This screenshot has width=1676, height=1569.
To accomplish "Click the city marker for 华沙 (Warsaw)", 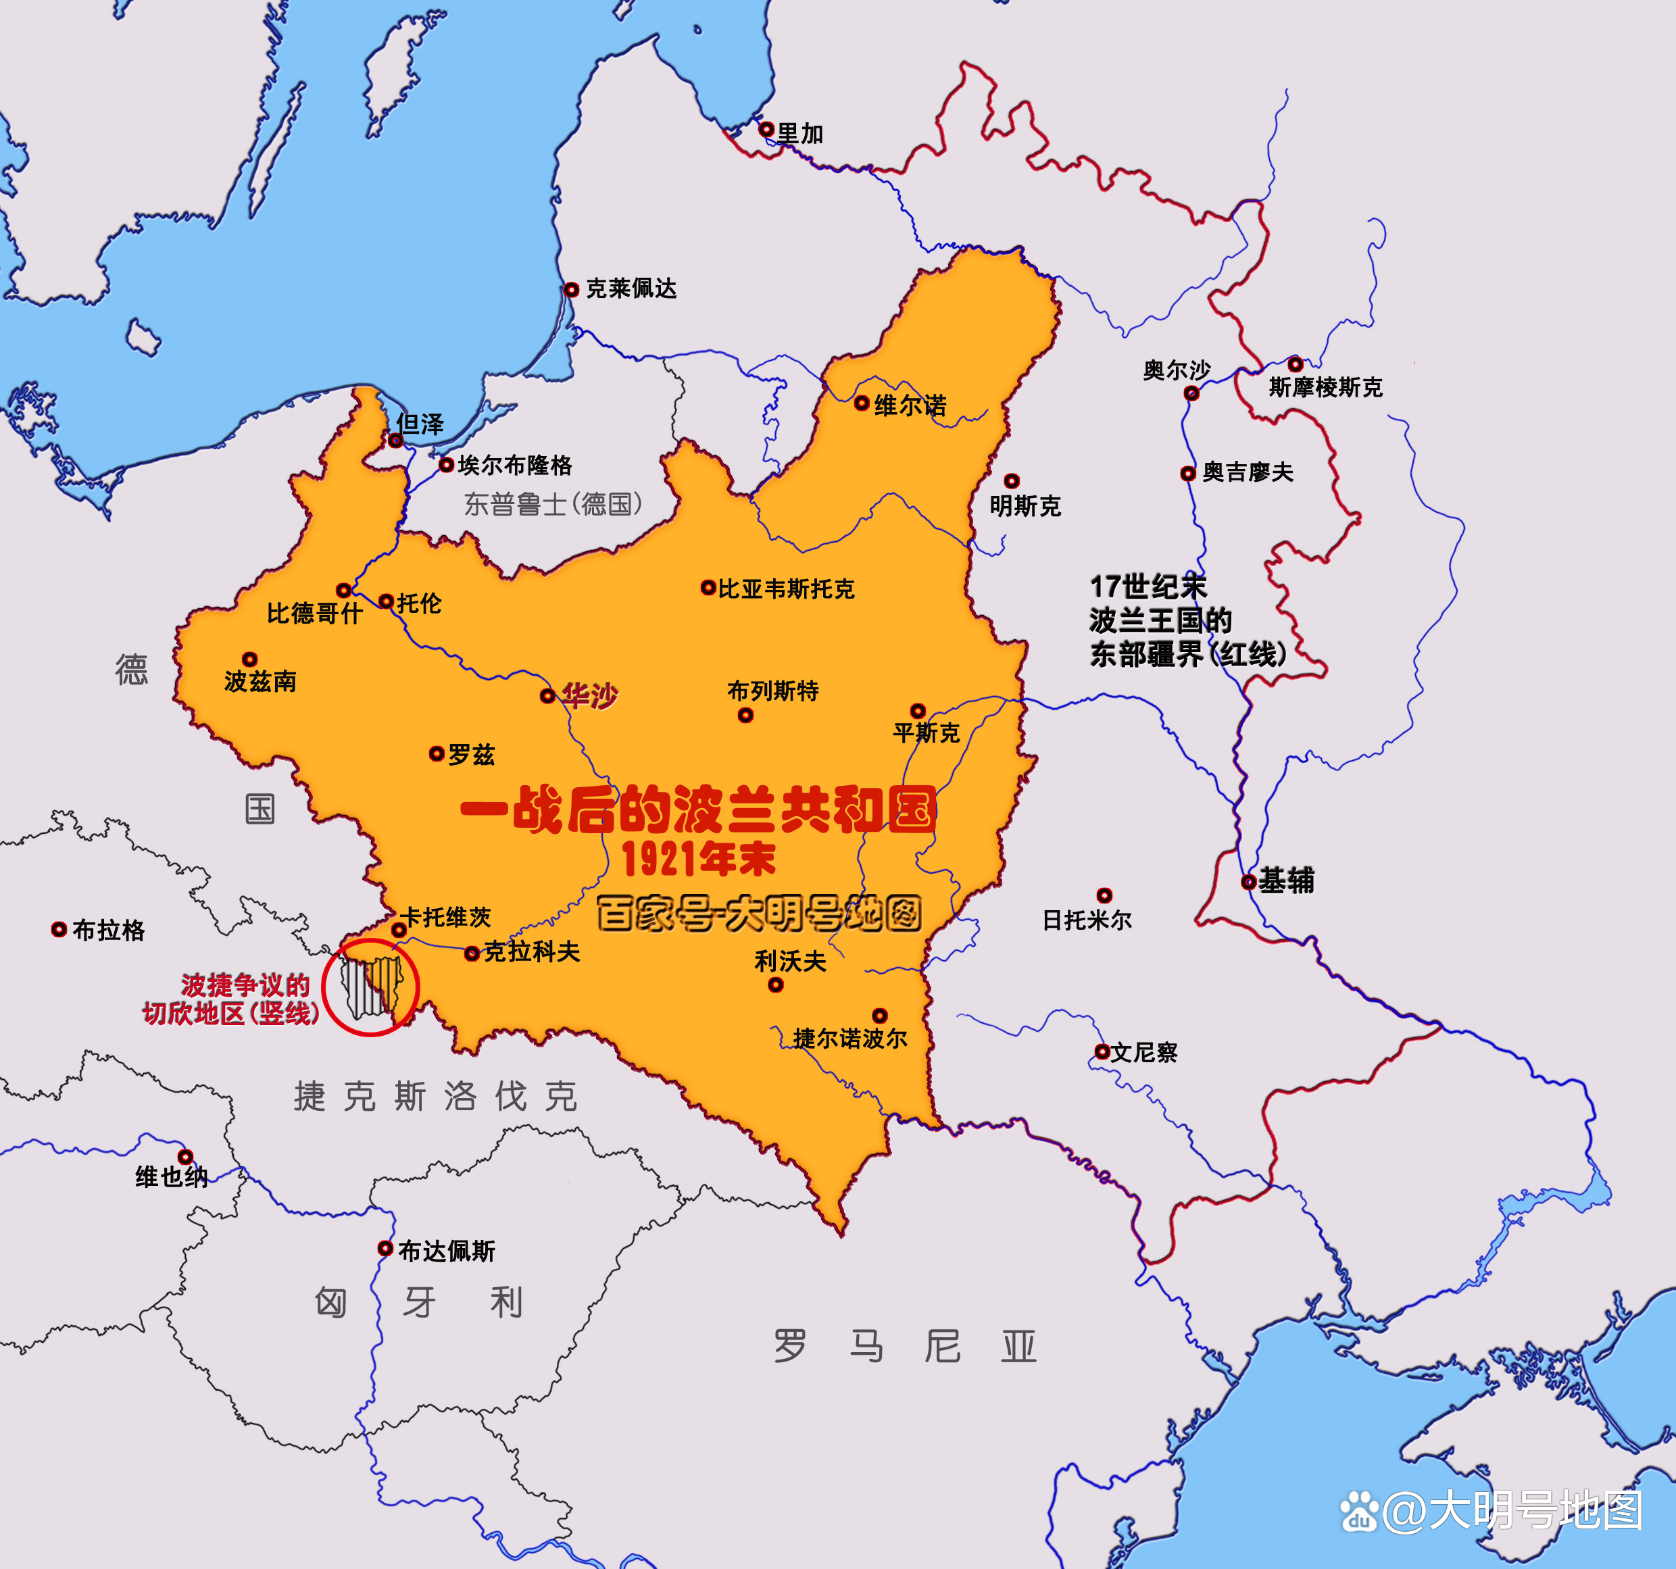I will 547,695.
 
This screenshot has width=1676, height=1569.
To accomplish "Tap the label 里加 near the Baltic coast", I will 799,134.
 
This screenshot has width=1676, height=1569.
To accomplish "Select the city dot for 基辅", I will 1249,882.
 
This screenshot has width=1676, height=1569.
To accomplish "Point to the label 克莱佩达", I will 631,289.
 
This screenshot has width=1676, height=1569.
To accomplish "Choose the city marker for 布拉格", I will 59,929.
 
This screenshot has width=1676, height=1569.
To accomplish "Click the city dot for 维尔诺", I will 862,403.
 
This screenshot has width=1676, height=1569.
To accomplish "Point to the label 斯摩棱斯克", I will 1325,388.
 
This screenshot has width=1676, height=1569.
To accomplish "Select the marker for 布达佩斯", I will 385,1248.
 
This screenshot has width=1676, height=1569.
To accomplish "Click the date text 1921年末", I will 699,859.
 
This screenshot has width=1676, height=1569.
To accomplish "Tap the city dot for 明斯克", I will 1012,480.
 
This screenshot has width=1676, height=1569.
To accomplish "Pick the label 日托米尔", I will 1087,920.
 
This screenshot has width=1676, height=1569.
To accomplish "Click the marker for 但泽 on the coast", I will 395,440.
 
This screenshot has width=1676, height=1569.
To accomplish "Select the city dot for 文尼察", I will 1101,1051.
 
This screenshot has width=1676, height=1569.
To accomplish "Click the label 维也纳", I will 171,1177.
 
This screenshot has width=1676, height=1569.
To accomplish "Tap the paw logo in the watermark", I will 1358,1510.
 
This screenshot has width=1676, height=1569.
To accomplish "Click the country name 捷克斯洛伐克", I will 435,1097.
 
